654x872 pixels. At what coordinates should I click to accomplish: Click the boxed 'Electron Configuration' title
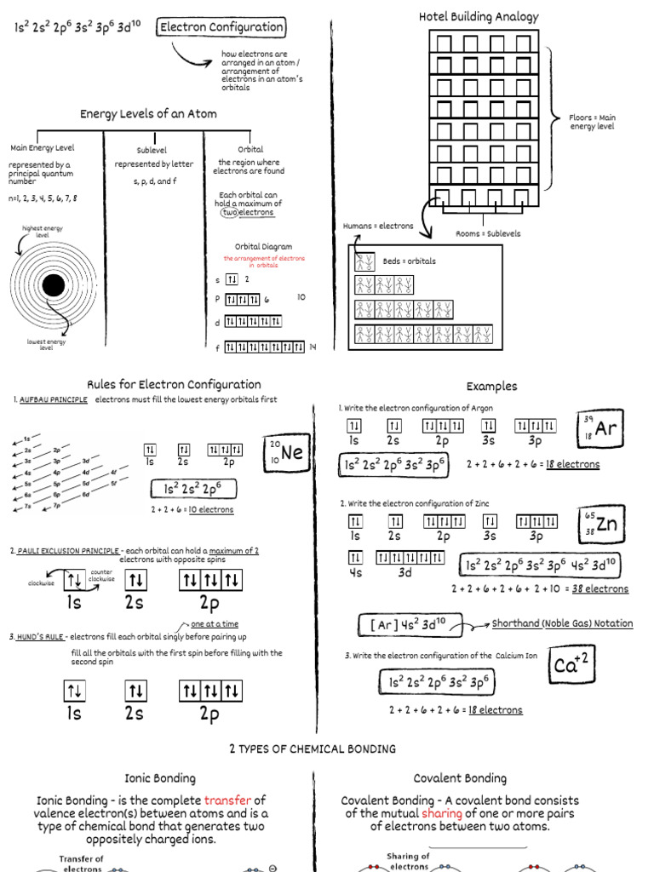tap(221, 27)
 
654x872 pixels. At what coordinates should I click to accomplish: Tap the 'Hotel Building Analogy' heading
tap(479, 17)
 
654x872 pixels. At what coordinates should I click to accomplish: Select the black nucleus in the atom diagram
tap(53, 284)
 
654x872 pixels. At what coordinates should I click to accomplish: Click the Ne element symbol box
tap(287, 453)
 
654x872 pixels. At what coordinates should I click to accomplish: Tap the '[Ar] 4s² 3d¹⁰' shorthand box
tap(410, 626)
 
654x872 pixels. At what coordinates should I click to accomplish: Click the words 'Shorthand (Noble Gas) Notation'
tap(562, 623)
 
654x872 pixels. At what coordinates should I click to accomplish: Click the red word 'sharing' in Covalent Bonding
tap(442, 813)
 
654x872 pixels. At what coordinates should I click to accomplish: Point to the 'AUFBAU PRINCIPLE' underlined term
tap(54, 400)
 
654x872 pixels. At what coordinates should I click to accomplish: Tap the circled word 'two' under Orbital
tap(230, 213)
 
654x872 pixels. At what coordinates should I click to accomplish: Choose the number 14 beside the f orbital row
tap(313, 347)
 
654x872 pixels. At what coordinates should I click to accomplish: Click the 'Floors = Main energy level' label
tap(592, 122)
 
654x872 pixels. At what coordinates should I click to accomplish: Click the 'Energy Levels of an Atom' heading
tap(148, 114)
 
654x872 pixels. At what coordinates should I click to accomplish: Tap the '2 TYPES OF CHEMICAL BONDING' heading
tap(313, 749)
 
